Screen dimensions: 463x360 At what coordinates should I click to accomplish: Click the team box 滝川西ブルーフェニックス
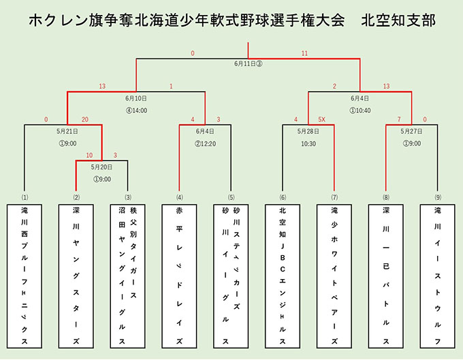tap(25, 276)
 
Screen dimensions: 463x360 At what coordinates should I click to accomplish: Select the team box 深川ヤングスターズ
tap(76, 276)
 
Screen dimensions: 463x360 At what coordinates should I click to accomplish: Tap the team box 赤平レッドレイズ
tap(179, 276)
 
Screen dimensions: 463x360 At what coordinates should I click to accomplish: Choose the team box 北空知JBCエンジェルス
tap(283, 276)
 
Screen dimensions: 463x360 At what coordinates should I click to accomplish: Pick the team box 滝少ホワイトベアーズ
tap(334, 276)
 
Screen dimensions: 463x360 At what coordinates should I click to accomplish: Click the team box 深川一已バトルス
tap(386, 276)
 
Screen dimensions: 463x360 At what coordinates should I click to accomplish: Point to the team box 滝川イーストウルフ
tap(438, 276)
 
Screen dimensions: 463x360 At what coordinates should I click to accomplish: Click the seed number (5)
tap(231, 197)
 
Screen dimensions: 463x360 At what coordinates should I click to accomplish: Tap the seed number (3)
tap(128, 197)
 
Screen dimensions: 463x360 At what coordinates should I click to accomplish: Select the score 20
tap(85, 120)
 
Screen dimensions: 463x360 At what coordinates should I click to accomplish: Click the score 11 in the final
tap(304, 53)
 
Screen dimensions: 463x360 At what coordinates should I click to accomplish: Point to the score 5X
tap(321, 120)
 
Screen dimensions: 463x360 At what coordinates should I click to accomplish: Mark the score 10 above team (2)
tap(89, 155)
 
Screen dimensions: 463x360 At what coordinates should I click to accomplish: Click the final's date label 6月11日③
tap(248, 64)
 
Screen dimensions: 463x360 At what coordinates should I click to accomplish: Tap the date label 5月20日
tap(101, 167)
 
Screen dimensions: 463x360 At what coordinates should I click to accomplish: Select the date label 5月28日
tap(308, 131)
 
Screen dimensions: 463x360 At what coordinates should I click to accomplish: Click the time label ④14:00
tap(136, 111)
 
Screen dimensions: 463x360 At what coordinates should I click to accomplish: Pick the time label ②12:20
tap(205, 144)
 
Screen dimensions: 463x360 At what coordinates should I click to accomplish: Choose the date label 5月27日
tap(412, 131)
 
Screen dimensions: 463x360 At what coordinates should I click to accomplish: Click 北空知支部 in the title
tap(398, 20)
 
